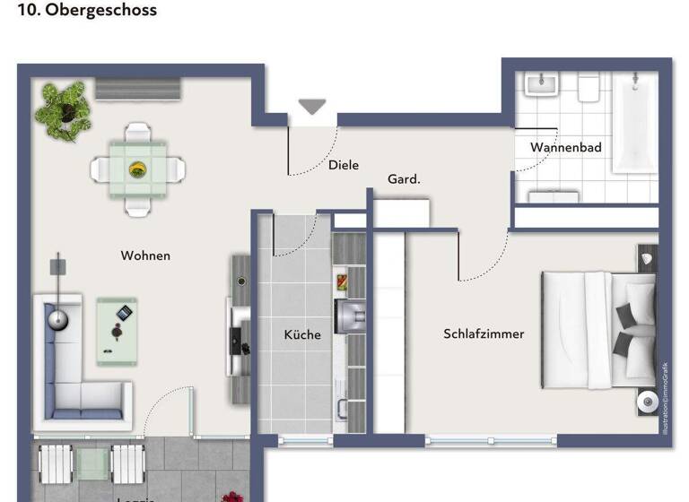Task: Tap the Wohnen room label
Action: click(145, 255)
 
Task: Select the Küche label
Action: click(302, 334)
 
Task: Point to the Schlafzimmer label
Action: click(484, 334)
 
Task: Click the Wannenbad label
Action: click(565, 147)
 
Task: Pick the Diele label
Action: click(344, 165)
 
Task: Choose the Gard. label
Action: click(404, 179)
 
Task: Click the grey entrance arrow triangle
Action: click(312, 107)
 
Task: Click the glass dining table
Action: click(137, 169)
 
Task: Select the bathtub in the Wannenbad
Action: click(634, 123)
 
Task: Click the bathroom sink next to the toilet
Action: click(542, 86)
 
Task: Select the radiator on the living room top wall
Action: click(139, 89)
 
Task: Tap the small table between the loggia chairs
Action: click(91, 463)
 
